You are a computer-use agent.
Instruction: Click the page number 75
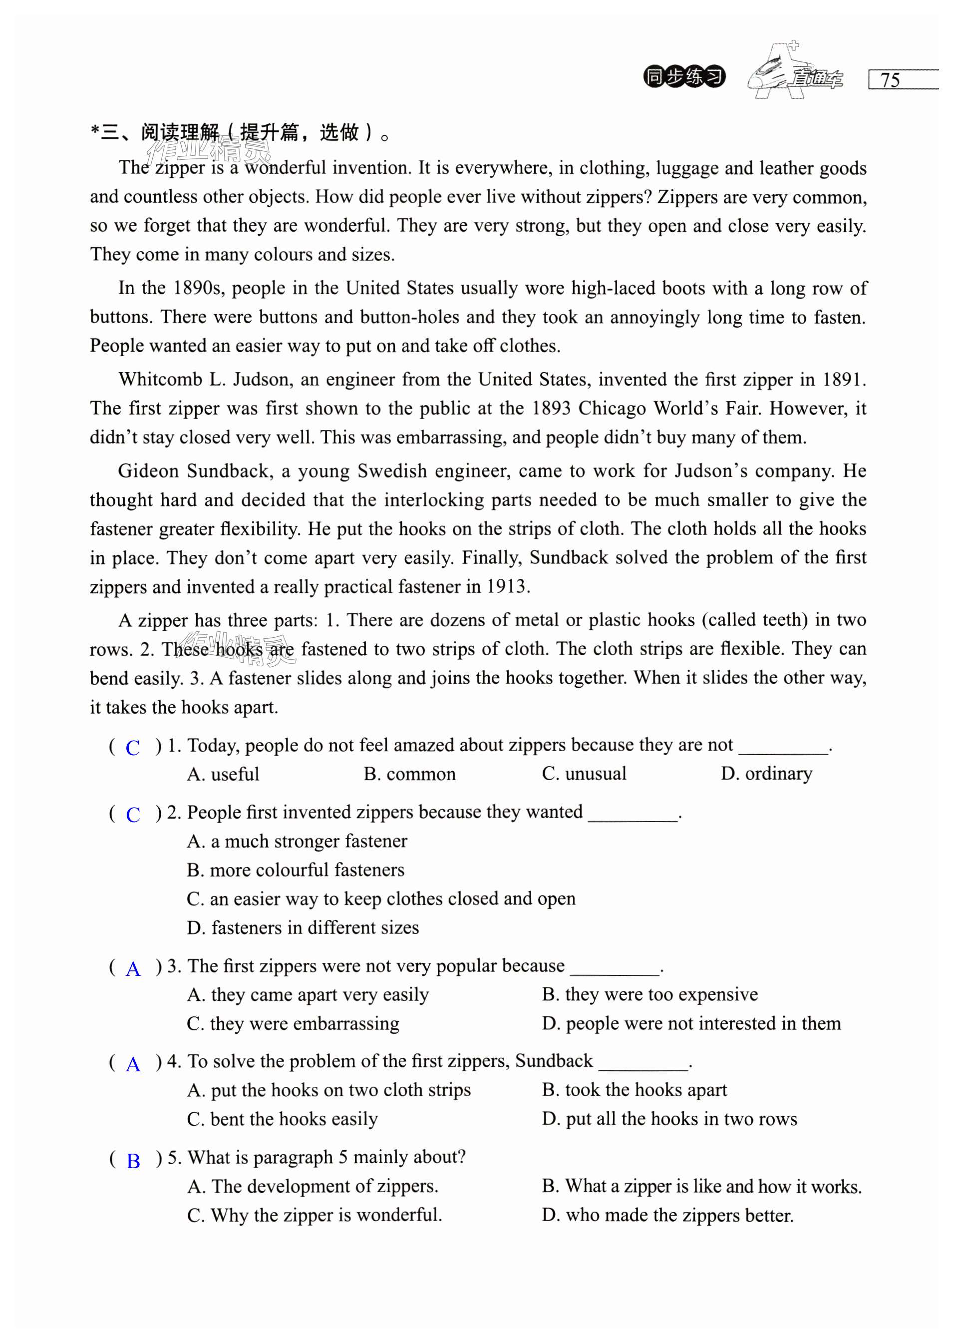(890, 80)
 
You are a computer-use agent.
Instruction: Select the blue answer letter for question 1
(133, 747)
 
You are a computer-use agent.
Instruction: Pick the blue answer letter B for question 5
(133, 1161)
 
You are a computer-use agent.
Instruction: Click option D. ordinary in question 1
(766, 774)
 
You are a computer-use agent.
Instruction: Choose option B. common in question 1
(409, 774)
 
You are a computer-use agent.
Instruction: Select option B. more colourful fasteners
(296, 870)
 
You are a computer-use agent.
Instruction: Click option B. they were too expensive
(649, 994)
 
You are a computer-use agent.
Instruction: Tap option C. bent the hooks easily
(282, 1118)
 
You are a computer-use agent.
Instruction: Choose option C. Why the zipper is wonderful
(315, 1214)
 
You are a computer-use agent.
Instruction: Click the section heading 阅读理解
(180, 133)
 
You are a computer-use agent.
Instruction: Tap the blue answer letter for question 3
(133, 968)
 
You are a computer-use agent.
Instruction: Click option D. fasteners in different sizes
(303, 927)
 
